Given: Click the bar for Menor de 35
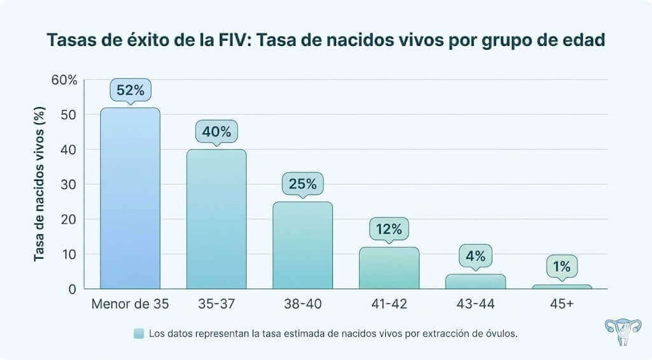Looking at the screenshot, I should click(x=130, y=198).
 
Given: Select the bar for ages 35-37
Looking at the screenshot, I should click(x=216, y=219).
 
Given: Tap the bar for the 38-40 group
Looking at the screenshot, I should click(x=302, y=245).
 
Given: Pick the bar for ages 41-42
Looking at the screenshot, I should click(x=389, y=268).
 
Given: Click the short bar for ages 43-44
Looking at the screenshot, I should click(x=475, y=282).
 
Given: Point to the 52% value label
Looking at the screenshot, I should click(x=130, y=90).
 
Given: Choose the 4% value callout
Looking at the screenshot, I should click(x=475, y=257).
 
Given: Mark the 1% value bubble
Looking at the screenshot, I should click(x=562, y=267).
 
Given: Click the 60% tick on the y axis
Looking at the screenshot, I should click(x=64, y=80).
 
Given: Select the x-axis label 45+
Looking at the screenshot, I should click(x=562, y=305).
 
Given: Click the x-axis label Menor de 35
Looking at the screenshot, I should click(x=130, y=305).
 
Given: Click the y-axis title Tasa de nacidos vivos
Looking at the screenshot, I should click(x=39, y=185).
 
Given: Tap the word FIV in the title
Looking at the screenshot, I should click(x=237, y=40).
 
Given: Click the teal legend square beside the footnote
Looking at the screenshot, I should click(x=139, y=333).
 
